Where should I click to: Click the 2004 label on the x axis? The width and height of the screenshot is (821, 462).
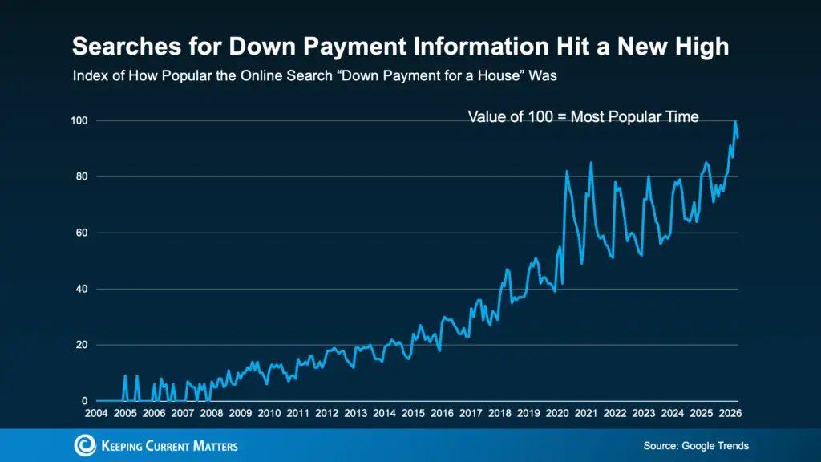tap(96, 413)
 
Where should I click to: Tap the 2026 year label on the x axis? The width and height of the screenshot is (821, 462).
tap(730, 413)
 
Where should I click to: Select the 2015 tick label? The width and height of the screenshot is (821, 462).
tap(413, 413)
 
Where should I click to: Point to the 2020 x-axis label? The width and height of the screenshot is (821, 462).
tap(557, 413)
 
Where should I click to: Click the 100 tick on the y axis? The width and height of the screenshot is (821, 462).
tap(79, 121)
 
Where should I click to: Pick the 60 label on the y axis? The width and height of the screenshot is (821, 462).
tap(82, 233)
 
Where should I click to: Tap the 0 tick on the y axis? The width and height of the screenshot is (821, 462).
tap(85, 401)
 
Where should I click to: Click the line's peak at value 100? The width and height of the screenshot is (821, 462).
tap(736, 121)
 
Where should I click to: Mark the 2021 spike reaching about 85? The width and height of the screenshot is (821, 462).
tap(591, 163)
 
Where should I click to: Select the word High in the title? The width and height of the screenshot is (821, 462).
tap(702, 47)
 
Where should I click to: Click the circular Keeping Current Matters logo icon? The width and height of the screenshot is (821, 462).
tap(85, 445)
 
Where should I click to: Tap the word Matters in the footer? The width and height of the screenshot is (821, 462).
tap(215, 446)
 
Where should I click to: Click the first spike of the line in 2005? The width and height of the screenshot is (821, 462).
tap(125, 376)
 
